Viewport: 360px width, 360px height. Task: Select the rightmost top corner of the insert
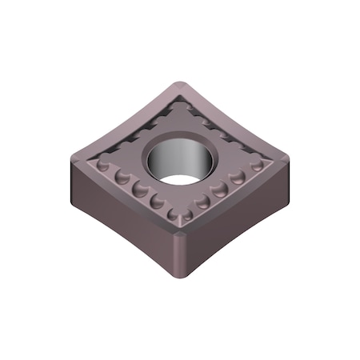pos(287,149)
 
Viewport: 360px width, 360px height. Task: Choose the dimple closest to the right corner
pos(257,166)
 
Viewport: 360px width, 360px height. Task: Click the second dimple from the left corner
pos(122,176)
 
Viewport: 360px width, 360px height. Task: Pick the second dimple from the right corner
pos(238,176)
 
